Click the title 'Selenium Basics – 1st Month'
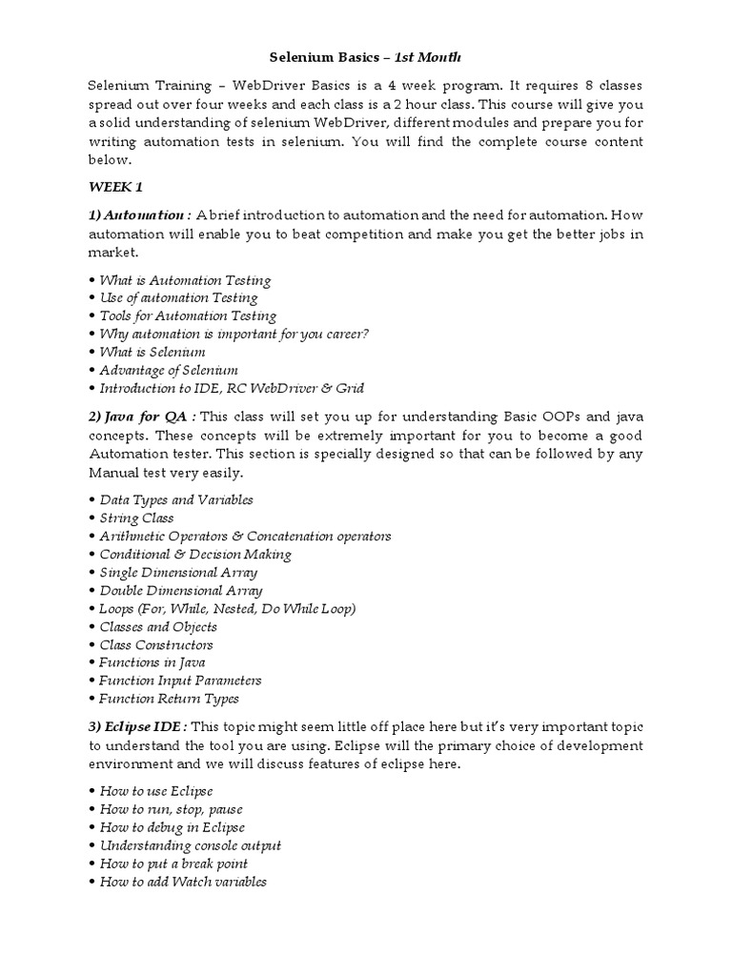pos(366,58)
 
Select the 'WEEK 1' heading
pos(115,187)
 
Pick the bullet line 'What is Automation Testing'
pos(185,280)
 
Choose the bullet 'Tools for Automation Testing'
pos(188,315)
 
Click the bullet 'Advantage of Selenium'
pos(169,370)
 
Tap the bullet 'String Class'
pos(136,518)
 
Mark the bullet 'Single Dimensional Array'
pos(178,572)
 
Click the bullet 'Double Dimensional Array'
pos(180,590)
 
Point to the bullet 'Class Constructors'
pos(157,644)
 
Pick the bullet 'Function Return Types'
pos(169,699)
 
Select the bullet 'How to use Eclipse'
pos(156,791)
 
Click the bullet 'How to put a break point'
pos(173,864)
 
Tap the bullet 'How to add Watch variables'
pos(183,882)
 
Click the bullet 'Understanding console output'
pos(190,845)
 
